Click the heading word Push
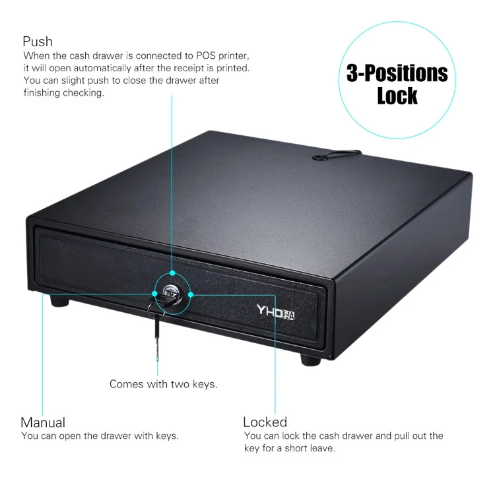(x=38, y=42)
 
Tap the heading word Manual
(x=43, y=422)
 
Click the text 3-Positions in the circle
(x=397, y=73)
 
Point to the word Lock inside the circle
(x=397, y=96)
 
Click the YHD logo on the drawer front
(x=275, y=311)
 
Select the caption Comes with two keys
(x=164, y=384)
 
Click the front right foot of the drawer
(x=310, y=359)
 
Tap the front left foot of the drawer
(x=59, y=302)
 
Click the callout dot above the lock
(x=172, y=272)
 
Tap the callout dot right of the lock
(x=191, y=295)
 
